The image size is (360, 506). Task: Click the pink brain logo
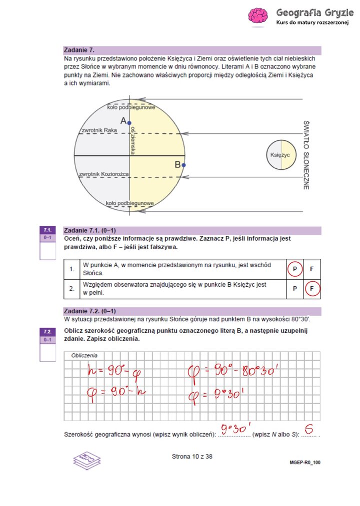(258, 16)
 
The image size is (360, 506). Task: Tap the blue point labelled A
(129, 122)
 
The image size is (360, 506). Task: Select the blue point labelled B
(183, 165)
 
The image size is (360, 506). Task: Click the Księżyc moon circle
(281, 155)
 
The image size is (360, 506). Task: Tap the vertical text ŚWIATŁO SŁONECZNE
(306, 154)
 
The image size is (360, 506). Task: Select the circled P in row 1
(295, 269)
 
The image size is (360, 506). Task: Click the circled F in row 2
(312, 288)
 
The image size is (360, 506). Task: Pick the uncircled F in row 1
(312, 269)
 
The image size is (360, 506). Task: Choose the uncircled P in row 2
(295, 288)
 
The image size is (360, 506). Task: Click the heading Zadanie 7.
(79, 50)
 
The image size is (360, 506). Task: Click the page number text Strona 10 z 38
(191, 456)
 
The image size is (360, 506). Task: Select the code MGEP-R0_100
(304, 463)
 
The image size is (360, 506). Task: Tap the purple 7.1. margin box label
(48, 230)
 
